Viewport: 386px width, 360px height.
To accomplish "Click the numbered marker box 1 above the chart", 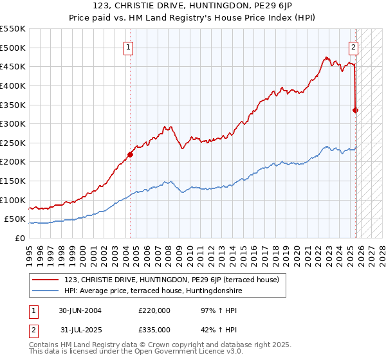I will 129,47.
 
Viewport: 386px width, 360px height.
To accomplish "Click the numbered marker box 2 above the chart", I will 354,47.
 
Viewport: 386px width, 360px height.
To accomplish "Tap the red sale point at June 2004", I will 130,154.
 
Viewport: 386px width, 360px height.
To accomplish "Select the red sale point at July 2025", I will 356,110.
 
